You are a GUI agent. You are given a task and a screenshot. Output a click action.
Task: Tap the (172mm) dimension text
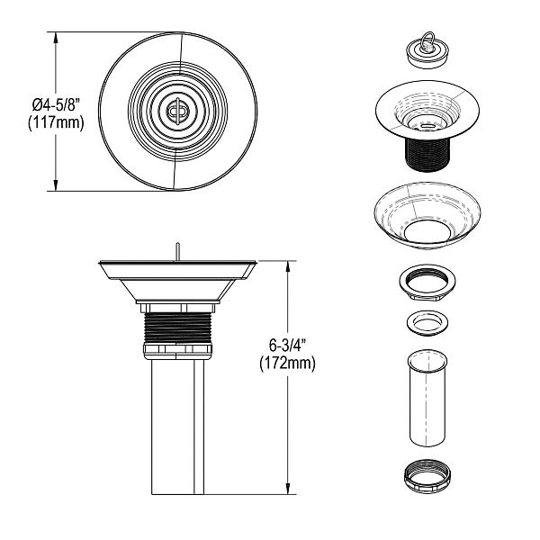pos(288,364)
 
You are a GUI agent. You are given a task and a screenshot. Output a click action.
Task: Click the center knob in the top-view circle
pos(177,112)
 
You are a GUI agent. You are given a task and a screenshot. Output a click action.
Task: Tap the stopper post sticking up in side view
pos(178,248)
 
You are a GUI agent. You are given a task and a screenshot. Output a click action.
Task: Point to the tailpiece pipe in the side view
pos(178,423)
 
